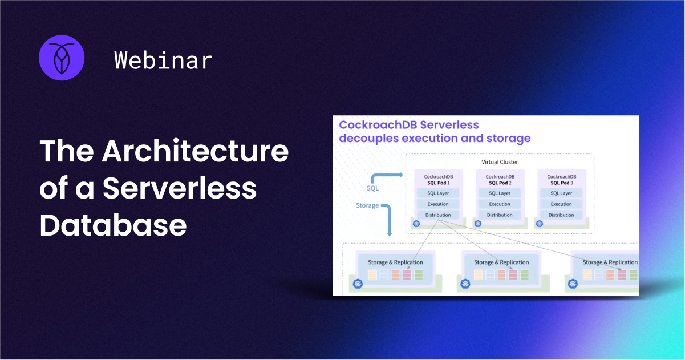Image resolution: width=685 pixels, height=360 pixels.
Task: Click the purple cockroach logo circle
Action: click(62, 57)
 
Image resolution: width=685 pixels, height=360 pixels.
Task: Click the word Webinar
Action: click(163, 60)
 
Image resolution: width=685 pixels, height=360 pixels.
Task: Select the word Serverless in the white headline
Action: click(180, 189)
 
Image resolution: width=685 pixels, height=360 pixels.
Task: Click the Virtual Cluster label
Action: click(500, 162)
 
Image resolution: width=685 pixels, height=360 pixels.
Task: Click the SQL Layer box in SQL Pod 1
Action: click(437, 193)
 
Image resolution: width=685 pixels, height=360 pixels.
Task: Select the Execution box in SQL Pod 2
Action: click(500, 204)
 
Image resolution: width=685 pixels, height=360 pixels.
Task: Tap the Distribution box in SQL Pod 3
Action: click(561, 215)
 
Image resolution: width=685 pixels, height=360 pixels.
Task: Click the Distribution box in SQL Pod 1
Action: click(437, 215)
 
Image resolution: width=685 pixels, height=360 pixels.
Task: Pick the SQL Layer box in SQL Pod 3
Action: click(561, 193)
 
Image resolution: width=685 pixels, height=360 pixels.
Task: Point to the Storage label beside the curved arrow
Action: click(367, 205)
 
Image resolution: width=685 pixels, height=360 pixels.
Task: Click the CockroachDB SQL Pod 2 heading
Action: click(500, 180)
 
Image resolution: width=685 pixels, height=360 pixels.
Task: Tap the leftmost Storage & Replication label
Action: click(395, 262)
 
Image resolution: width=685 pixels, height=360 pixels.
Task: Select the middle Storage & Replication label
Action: click(501, 262)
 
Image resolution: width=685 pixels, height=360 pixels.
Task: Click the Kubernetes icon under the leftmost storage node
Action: click(358, 284)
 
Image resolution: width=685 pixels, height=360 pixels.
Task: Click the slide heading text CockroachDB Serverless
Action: click(409, 125)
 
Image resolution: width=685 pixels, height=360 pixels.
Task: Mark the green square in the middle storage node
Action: click(524, 275)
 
